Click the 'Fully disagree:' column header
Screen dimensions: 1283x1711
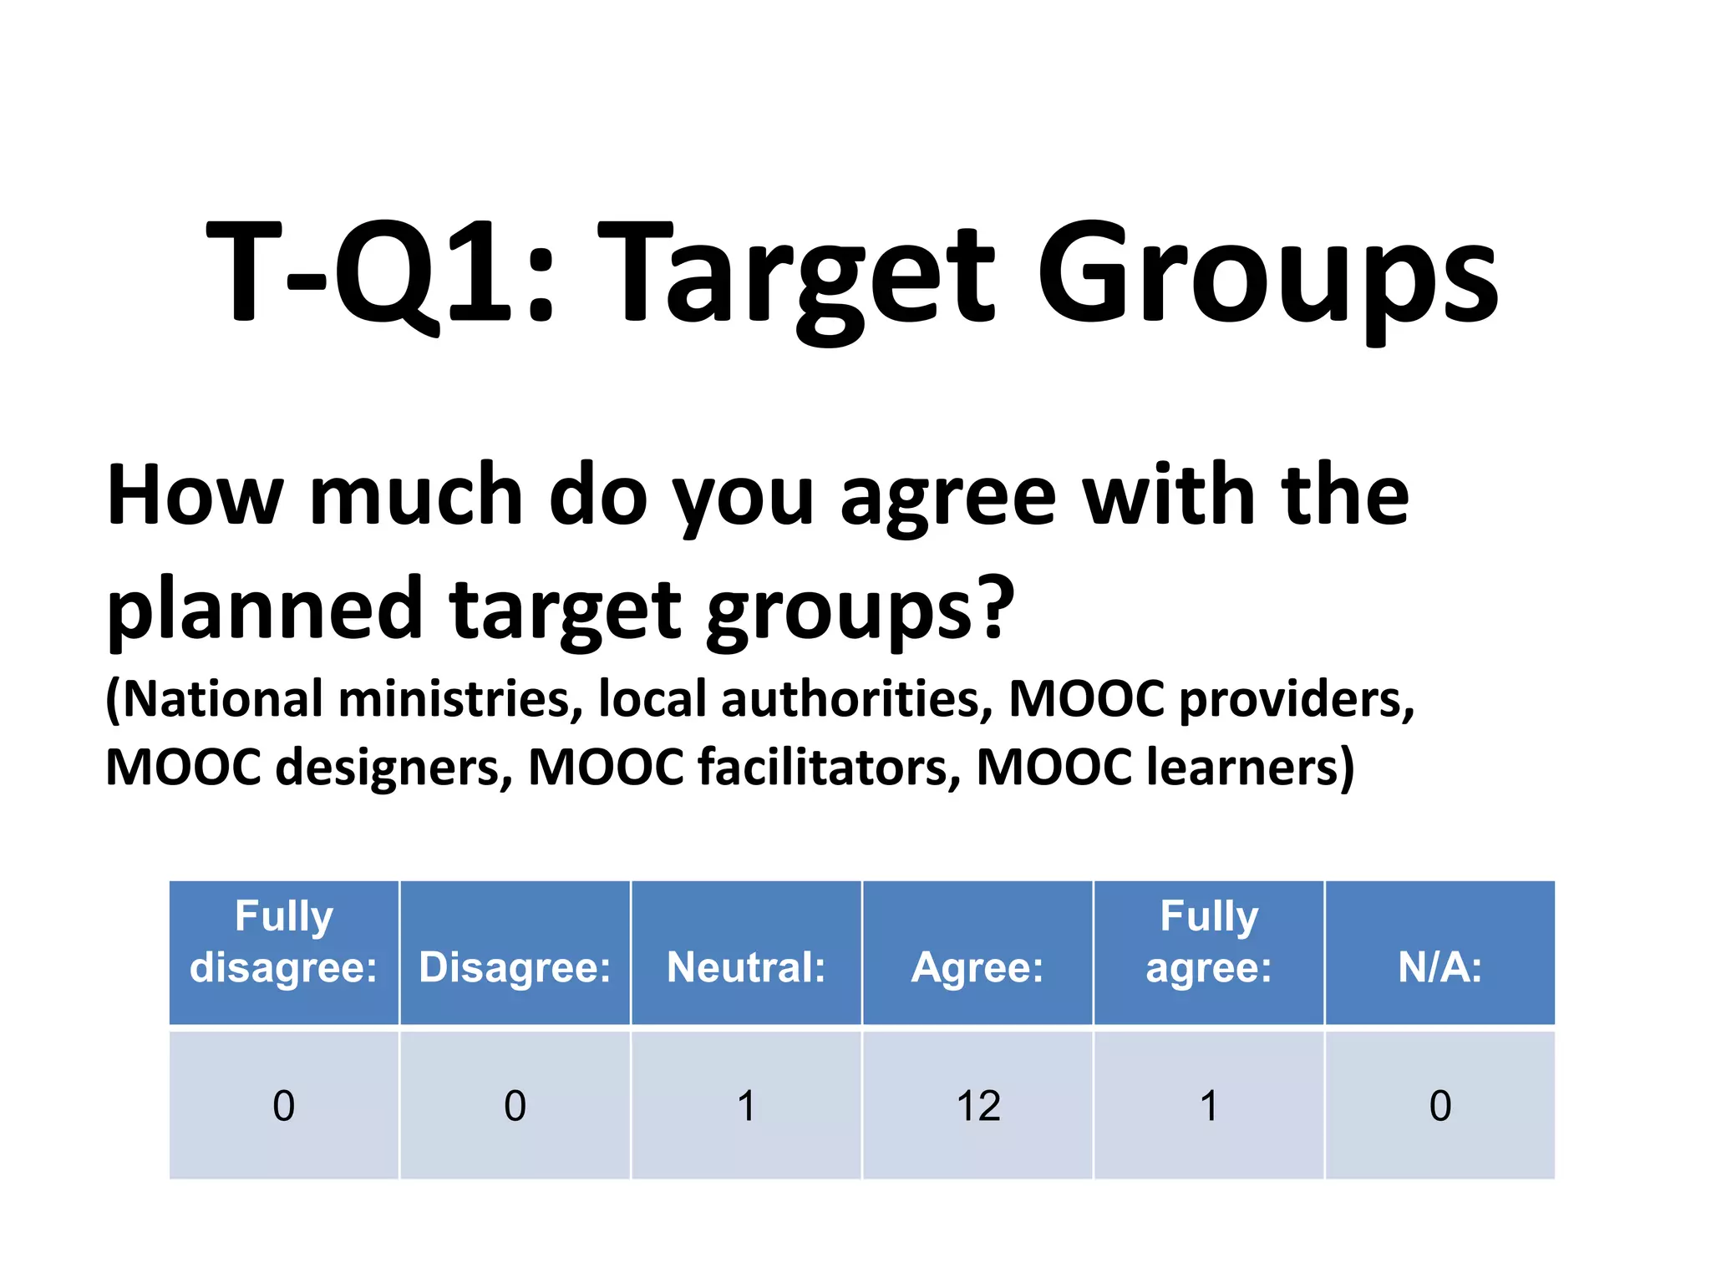click(x=284, y=941)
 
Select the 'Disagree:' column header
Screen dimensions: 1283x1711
click(x=515, y=967)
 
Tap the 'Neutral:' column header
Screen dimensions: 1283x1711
click(x=746, y=967)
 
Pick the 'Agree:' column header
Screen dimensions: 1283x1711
click(x=977, y=967)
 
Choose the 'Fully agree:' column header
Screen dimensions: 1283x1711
click(x=1209, y=941)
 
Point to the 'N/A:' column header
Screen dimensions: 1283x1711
click(x=1440, y=967)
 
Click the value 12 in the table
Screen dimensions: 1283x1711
click(x=978, y=1106)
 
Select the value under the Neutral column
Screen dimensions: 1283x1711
click(x=746, y=1106)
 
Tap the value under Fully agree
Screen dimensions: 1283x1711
click(x=1209, y=1106)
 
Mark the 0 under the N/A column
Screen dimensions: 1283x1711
click(x=1440, y=1106)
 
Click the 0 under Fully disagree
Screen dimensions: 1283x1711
click(x=284, y=1106)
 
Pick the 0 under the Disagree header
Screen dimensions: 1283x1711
click(x=515, y=1106)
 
